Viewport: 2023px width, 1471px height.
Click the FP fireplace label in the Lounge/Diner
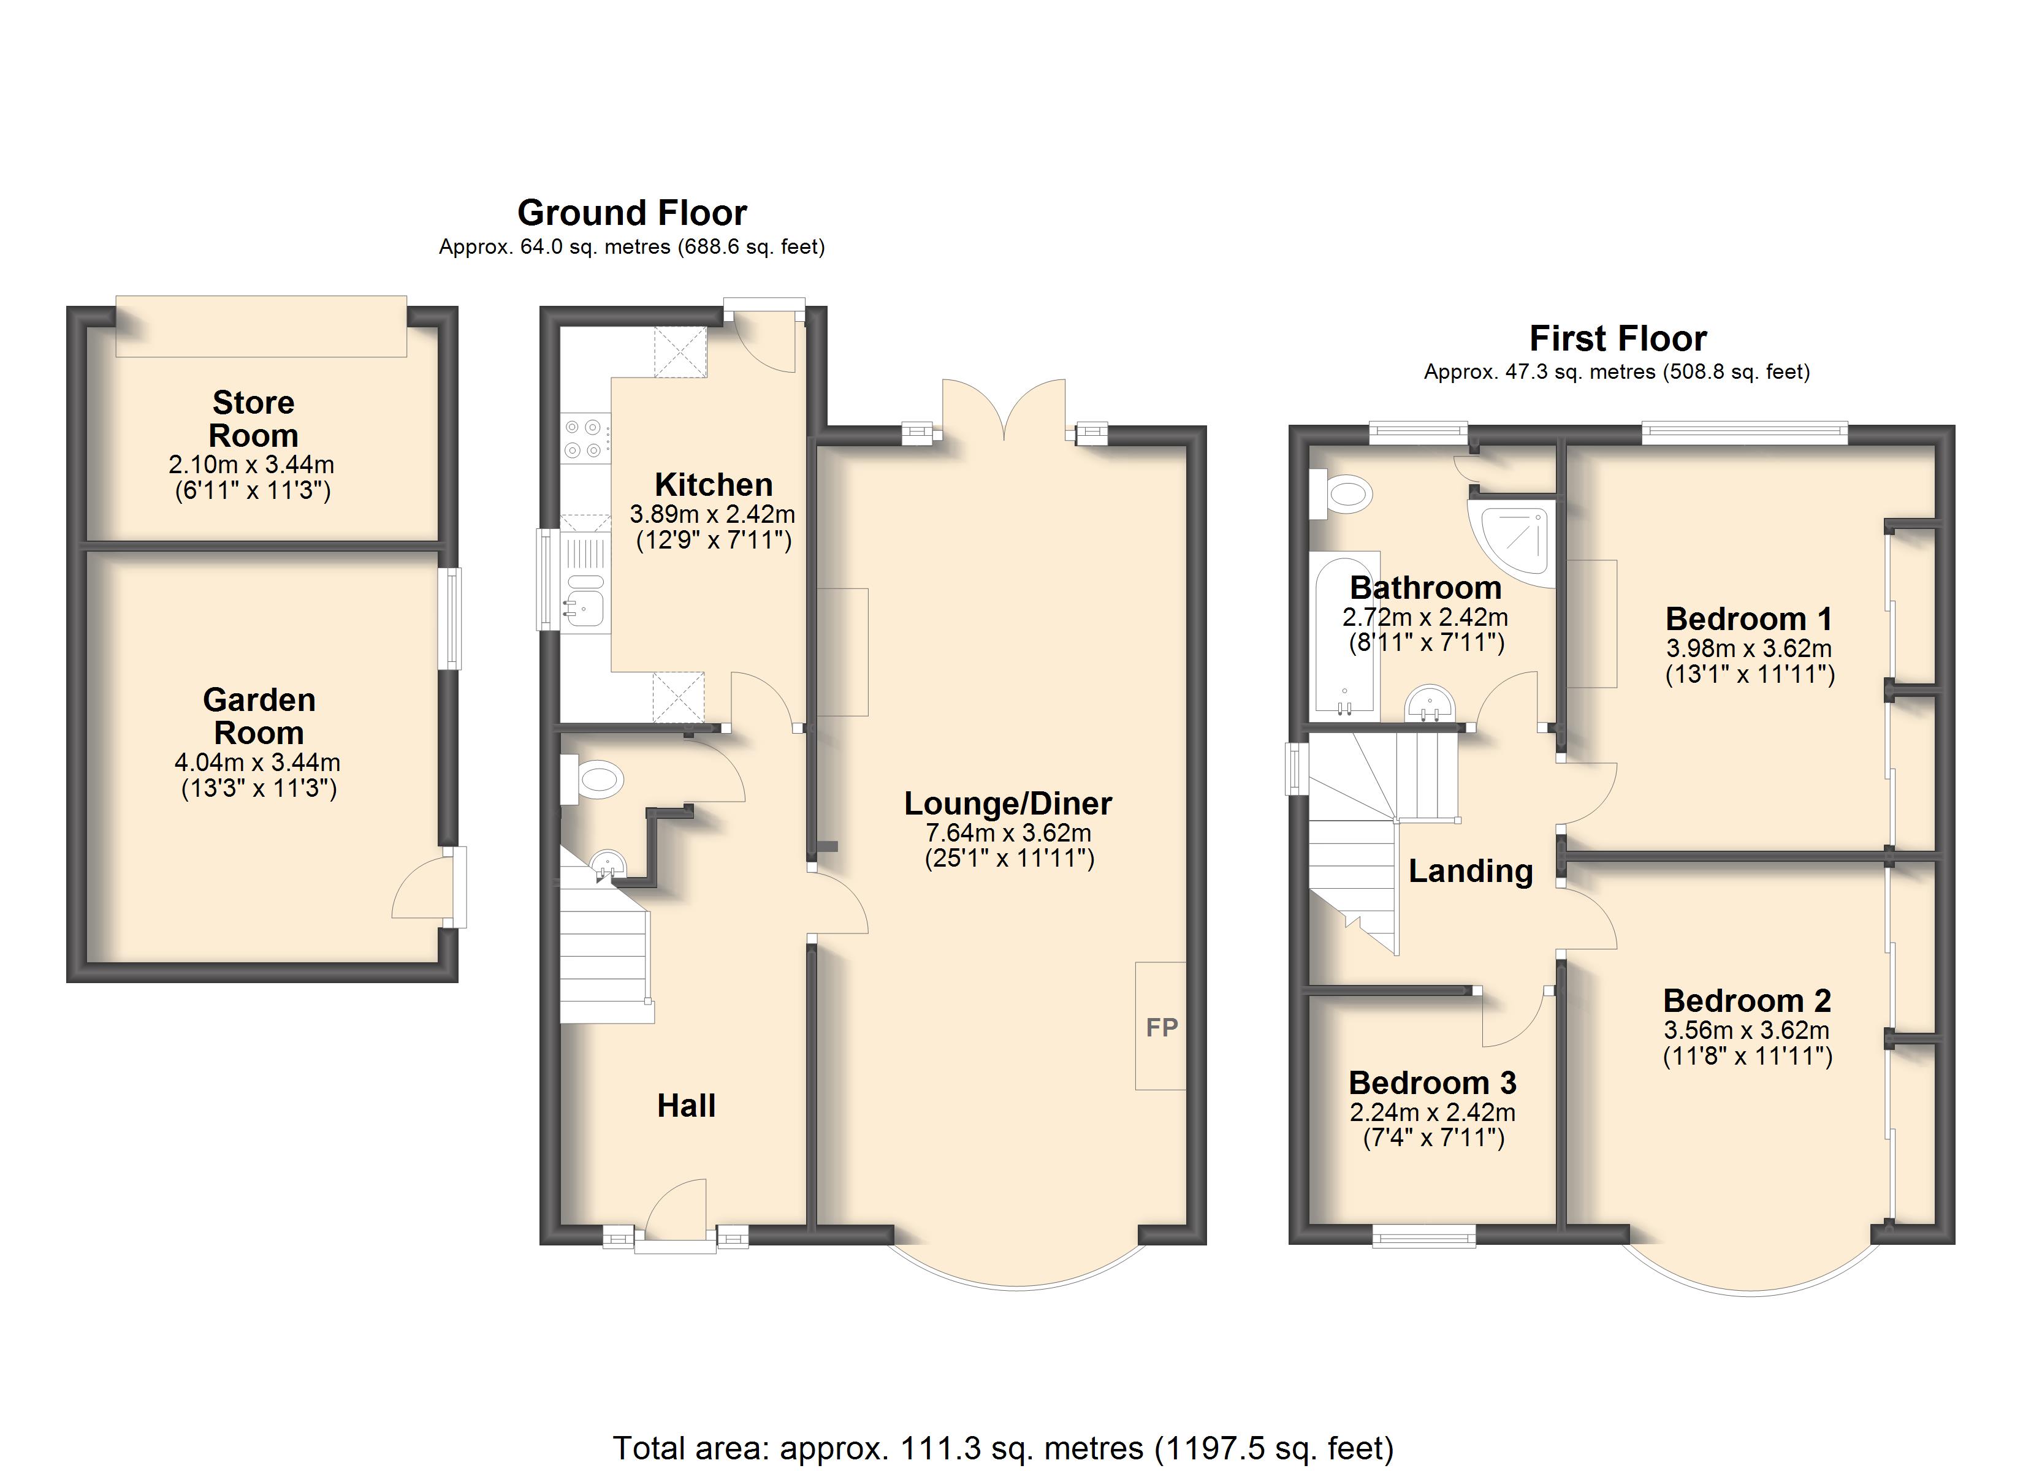1161,1028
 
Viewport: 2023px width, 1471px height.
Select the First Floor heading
1617,339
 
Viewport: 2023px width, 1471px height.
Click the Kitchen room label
714,484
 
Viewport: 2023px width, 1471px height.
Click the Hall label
686,1106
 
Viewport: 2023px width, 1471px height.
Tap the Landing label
1470,870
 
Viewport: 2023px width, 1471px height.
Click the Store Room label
253,419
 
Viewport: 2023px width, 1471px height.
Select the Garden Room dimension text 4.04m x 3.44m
258,762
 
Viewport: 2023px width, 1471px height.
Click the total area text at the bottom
1002,1448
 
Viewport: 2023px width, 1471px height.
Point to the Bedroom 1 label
1748,618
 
